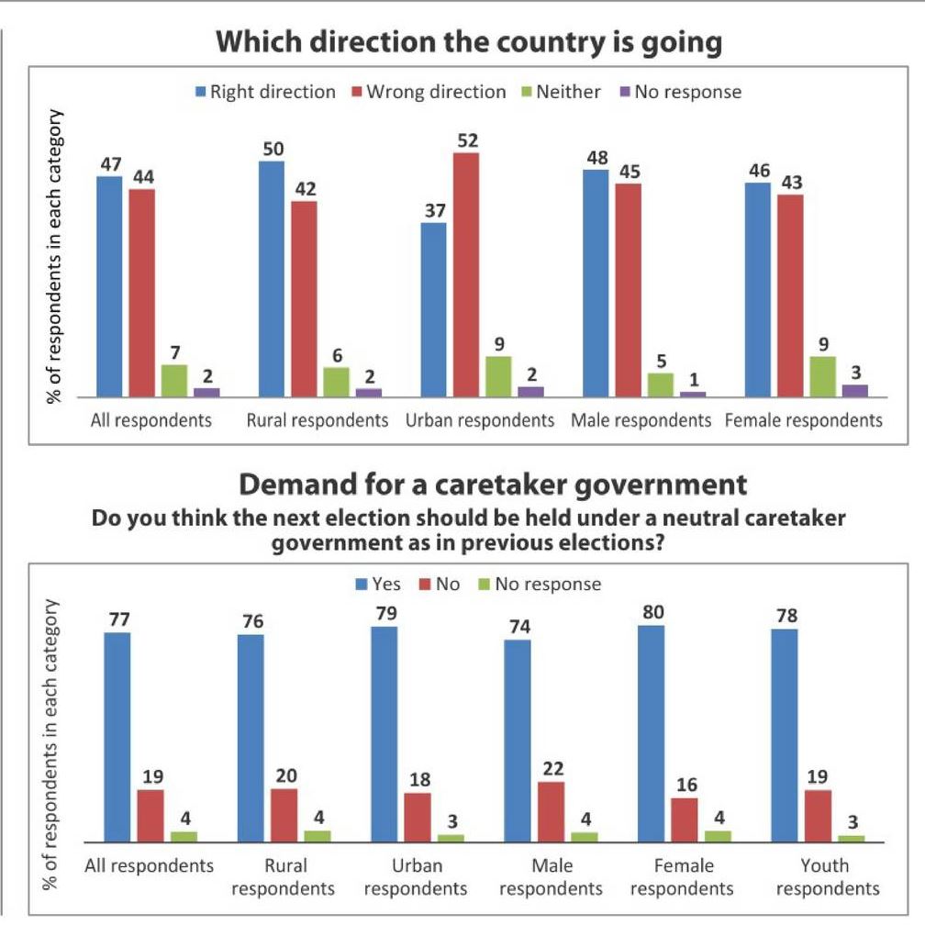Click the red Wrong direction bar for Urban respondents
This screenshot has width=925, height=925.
coord(466,274)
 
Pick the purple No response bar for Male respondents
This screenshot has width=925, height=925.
coord(693,394)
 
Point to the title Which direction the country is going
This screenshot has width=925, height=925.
coord(469,41)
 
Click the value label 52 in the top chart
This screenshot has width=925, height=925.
coord(467,140)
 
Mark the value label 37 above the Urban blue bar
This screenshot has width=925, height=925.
coord(434,209)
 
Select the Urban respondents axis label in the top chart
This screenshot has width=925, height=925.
coord(479,420)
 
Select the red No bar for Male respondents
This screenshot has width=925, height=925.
coord(551,811)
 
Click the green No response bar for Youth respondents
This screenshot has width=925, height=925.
coord(851,838)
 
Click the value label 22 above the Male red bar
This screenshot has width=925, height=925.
coord(551,768)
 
